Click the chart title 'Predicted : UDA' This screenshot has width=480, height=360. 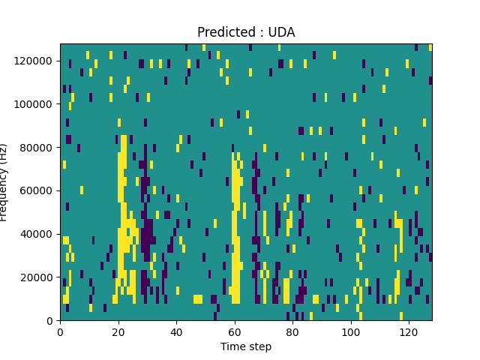[246, 32]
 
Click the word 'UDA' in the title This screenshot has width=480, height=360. [281, 32]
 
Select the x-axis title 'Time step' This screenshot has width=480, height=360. [246, 346]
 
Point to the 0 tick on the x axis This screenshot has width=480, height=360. [60, 331]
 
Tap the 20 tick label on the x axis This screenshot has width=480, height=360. [118, 331]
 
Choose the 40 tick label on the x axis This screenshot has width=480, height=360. [176, 331]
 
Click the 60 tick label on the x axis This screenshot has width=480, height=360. [234, 331]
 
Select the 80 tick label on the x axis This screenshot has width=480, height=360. [292, 331]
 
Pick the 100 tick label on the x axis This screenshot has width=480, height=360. [350, 331]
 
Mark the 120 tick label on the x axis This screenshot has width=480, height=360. [409, 331]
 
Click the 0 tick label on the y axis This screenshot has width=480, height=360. [51, 321]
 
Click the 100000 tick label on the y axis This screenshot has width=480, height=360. [36, 103]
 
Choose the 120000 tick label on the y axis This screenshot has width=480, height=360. [36, 60]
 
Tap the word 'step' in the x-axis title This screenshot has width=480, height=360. [259, 347]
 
